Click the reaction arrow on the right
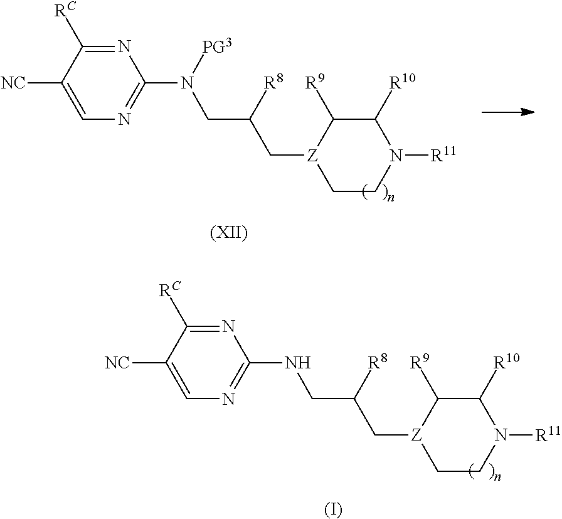[507, 112]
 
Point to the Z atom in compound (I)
[416, 434]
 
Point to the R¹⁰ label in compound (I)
[507, 362]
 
